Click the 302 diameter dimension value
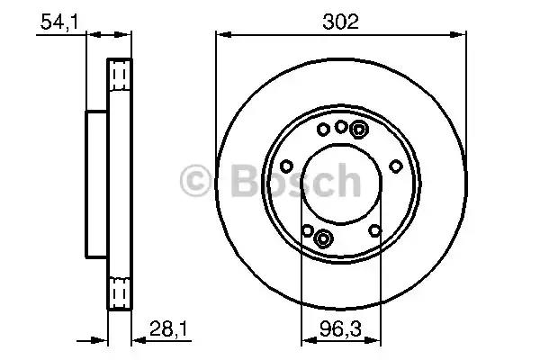[x=340, y=22]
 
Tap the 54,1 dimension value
[x=59, y=22]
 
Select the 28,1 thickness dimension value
[x=169, y=329]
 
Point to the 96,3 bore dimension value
[x=340, y=328]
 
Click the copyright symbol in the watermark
[x=195, y=181]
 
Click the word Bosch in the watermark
[x=295, y=180]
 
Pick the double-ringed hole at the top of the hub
[x=359, y=130]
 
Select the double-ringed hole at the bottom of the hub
[x=323, y=238]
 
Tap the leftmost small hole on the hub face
[x=286, y=166]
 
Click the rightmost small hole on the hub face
[x=396, y=166]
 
